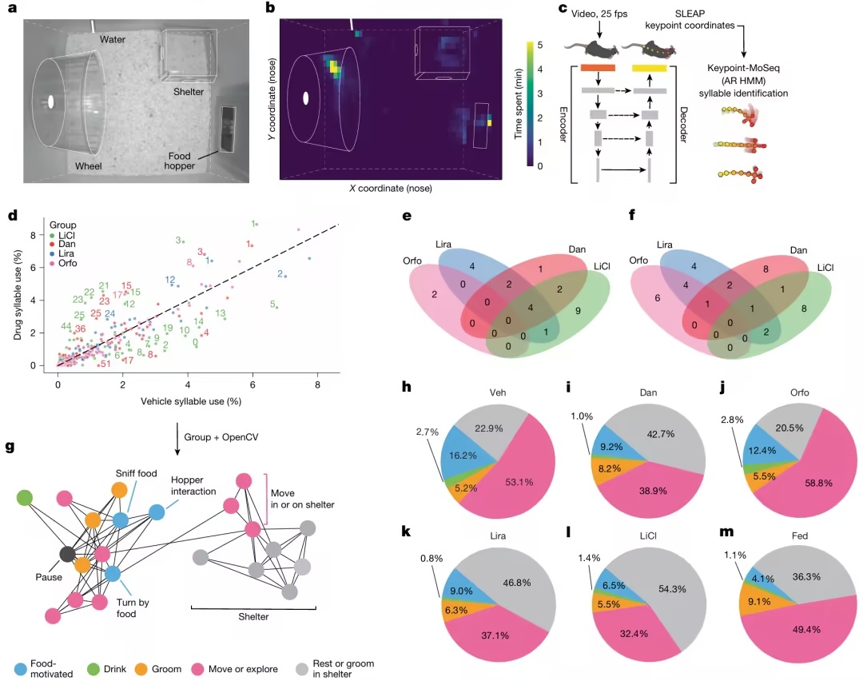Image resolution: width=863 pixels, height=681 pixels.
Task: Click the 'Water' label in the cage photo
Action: pyautogui.click(x=113, y=40)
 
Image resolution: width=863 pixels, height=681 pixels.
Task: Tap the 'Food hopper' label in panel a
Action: pyautogui.click(x=180, y=161)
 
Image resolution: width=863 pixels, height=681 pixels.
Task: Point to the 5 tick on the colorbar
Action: pyautogui.click(x=540, y=45)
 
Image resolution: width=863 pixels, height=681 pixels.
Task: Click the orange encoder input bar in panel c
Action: pyautogui.click(x=598, y=68)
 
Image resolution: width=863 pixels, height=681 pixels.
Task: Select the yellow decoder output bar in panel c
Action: pyautogui.click(x=650, y=68)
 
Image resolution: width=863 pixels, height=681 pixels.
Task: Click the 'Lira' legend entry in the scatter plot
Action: pyautogui.click(x=66, y=253)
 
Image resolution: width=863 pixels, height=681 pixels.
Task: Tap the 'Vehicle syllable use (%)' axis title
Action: pyautogui.click(x=191, y=401)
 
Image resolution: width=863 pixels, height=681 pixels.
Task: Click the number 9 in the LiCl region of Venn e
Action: pyautogui.click(x=578, y=311)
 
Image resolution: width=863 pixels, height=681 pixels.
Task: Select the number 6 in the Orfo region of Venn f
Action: pyautogui.click(x=658, y=298)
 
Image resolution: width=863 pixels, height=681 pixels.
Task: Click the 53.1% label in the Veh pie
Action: pyautogui.click(x=519, y=482)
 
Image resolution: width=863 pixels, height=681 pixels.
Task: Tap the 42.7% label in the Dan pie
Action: pyautogui.click(x=661, y=434)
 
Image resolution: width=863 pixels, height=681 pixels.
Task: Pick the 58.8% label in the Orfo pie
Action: pyautogui.click(x=818, y=483)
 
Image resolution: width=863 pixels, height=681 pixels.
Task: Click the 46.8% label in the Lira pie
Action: pyautogui.click(x=517, y=583)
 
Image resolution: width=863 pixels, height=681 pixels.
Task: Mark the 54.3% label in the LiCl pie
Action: pyautogui.click(x=672, y=589)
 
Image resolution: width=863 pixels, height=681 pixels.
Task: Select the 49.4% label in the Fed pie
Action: pyautogui.click(x=806, y=629)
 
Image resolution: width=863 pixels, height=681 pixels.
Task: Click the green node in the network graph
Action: pyautogui.click(x=25, y=498)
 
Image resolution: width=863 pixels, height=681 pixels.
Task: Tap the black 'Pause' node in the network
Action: pyautogui.click(x=68, y=554)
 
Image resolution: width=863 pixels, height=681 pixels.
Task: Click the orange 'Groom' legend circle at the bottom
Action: pyautogui.click(x=141, y=670)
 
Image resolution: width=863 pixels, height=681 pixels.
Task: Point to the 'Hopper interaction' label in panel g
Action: pyautogui.click(x=193, y=485)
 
